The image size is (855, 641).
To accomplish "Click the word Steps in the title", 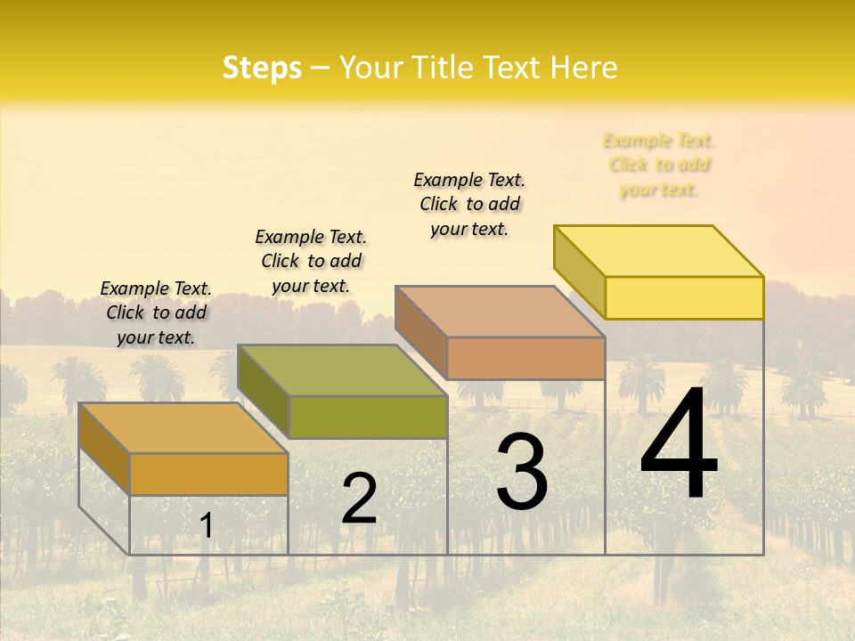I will click(262, 68).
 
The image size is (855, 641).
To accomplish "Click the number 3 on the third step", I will click(522, 472).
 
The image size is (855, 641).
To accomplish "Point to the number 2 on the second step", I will click(359, 499).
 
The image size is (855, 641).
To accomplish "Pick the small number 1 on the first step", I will click(206, 526).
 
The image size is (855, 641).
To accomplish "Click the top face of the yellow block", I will click(659, 251).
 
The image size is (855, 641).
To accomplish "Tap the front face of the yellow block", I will click(684, 297).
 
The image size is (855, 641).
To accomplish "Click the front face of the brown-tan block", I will click(525, 358).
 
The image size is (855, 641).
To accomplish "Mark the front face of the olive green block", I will click(368, 417).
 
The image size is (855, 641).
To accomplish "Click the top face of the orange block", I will click(183, 428).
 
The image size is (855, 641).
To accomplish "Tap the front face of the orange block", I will click(208, 474).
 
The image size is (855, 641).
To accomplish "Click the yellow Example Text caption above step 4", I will click(659, 165).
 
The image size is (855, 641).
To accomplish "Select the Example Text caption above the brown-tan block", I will click(469, 204).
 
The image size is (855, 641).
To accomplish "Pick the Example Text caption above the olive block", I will click(311, 261).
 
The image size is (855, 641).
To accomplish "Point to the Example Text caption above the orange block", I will click(156, 312).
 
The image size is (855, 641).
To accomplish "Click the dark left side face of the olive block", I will click(264, 392).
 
